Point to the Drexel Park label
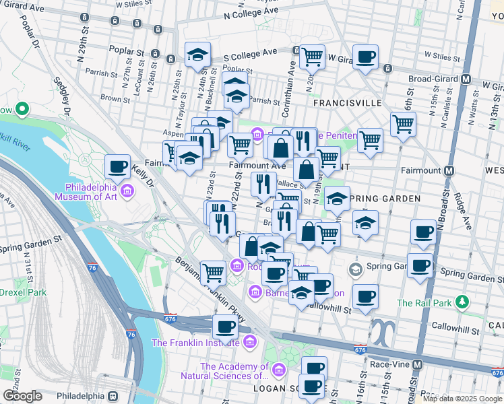tap(24, 292)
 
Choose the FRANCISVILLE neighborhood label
tap(348, 103)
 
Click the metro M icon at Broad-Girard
tap(466, 78)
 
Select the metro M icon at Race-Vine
tap(418, 364)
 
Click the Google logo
tap(22, 396)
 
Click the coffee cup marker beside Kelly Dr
tap(117, 166)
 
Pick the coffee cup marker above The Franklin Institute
tap(225, 327)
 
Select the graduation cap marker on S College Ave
tap(197, 54)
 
